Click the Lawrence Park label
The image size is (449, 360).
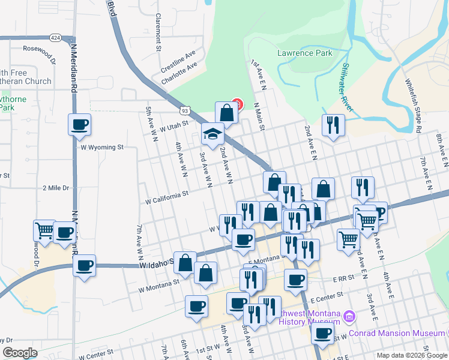[304, 53]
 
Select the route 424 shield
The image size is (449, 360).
[55, 37]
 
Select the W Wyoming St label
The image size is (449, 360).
[102, 146]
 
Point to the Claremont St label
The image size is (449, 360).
[159, 32]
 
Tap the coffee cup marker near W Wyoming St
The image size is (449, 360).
[79, 125]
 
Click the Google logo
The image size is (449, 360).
[20, 353]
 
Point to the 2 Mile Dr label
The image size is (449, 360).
[56, 188]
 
